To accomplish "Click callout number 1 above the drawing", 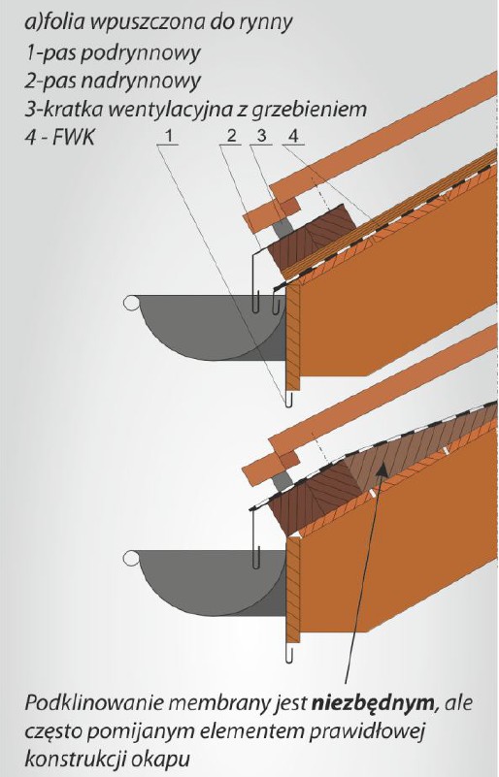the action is click(170, 135).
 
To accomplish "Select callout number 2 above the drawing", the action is click(232, 135).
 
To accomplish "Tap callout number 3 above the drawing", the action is click(261, 135).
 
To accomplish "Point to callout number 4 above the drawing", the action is click(293, 135).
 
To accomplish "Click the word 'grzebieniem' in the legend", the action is click(309, 110).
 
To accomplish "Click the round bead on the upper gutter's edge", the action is click(131, 303).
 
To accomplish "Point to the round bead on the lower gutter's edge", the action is click(131, 558).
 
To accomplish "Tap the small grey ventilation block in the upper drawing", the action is click(283, 226).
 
